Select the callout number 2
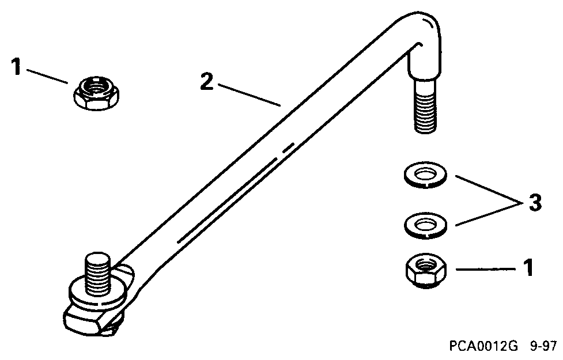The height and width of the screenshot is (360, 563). tap(207, 82)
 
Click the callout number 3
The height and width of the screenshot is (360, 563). tap(534, 203)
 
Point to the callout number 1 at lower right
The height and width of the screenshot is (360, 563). tap(527, 268)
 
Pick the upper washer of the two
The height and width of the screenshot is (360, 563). tap(424, 176)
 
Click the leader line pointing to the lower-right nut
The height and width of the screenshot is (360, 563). tap(484, 268)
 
